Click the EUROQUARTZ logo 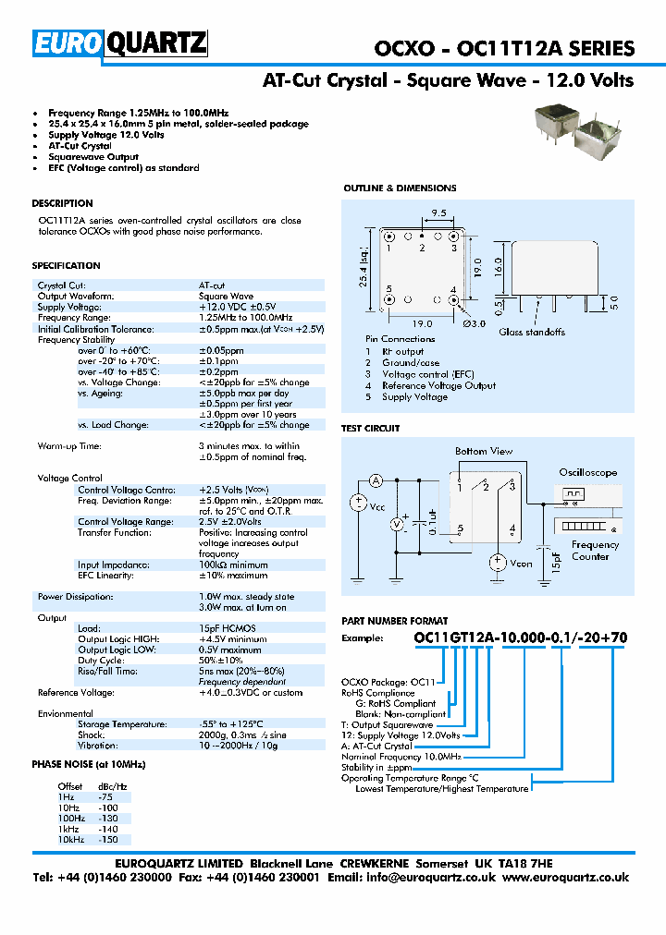120,43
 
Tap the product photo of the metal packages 573,127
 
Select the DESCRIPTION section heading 62,203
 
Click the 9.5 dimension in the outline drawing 438,213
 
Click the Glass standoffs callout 532,332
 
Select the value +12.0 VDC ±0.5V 237,307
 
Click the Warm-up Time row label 69,446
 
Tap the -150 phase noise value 108,841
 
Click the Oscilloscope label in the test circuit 587,472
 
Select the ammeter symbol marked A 376,480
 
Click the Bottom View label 483,451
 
